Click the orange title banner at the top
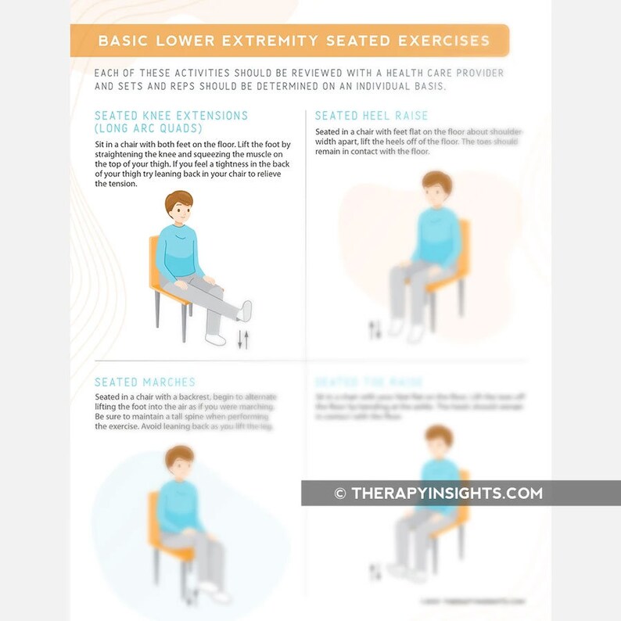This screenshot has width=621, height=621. point(289,41)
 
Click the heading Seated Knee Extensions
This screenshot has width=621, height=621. point(171,116)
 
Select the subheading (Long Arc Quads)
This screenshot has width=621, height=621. point(148,128)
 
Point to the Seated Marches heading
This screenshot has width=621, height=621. point(145,382)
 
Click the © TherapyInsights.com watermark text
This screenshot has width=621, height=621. point(438,494)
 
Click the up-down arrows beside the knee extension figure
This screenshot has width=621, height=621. point(242,339)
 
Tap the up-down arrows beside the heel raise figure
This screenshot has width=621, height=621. point(375,329)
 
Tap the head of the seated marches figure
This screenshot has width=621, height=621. point(180,464)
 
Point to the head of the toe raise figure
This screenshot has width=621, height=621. point(438,442)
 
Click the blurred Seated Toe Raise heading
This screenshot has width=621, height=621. point(368,382)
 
